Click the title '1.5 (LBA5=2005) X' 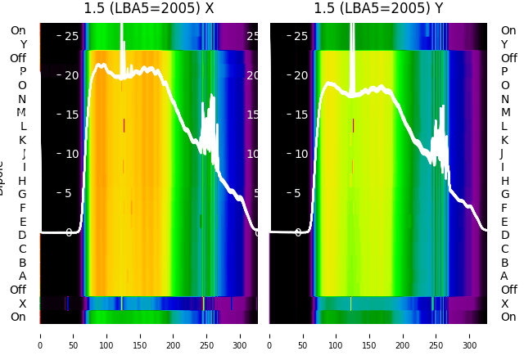(x=148, y=9)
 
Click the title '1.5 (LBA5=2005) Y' (x=378, y=9)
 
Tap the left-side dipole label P (x=23, y=72)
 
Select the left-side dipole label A (x=23, y=277)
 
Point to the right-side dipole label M (x=505, y=113)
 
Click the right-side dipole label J (x=502, y=154)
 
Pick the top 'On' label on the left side (x=18, y=31)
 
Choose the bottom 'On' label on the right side (x=508, y=317)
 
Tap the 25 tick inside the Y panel (x=300, y=36)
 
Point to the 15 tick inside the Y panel (x=300, y=115)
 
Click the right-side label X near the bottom (x=504, y=304)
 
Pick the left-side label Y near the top (x=23, y=45)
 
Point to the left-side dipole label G (x=22, y=195)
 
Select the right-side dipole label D (x=505, y=236)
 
